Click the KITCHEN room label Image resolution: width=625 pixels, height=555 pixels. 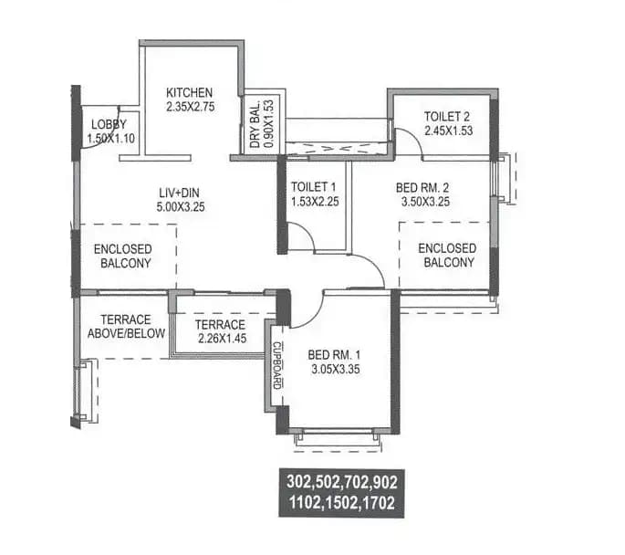(189, 93)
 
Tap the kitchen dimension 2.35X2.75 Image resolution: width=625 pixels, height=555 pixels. (189, 107)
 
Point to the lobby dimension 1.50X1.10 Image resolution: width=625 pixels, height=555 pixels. (109, 138)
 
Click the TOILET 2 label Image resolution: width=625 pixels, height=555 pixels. (446, 116)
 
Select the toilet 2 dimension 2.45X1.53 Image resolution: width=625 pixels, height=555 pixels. (446, 130)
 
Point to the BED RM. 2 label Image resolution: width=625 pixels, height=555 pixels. (422, 188)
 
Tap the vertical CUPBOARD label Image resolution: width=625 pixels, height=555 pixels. (277, 365)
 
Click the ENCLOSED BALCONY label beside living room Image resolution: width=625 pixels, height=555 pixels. (122, 255)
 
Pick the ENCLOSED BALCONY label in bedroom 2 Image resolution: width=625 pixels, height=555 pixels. (447, 255)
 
